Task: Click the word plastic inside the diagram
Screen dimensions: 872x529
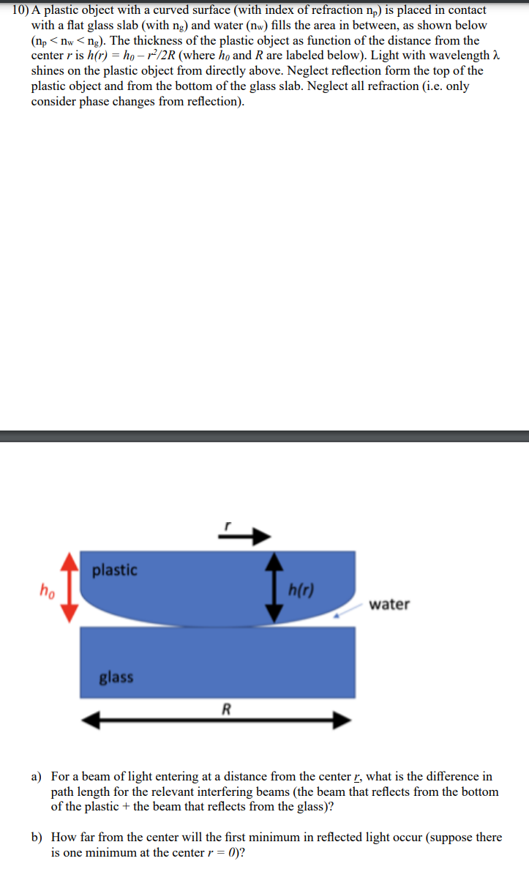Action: point(114,570)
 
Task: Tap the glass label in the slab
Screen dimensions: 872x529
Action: point(116,677)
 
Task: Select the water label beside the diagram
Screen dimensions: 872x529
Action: point(389,605)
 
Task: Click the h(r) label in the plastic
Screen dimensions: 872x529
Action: point(301,590)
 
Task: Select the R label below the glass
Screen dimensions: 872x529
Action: point(226,708)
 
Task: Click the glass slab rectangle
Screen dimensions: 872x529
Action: point(217,662)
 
